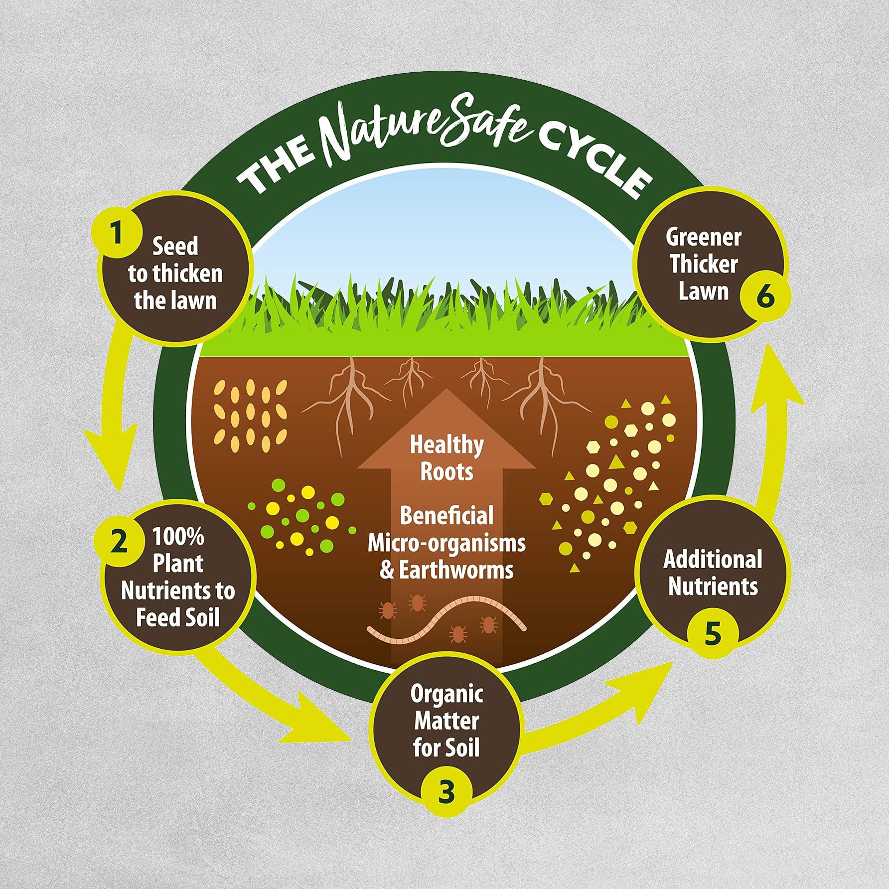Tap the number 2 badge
(119, 541)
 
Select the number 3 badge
(446, 791)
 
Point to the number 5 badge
(712, 633)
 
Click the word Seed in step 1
(175, 246)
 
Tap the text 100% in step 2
(178, 537)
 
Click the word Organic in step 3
(446, 694)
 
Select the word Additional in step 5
(713, 559)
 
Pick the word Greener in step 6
(703, 237)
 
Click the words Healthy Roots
(446, 458)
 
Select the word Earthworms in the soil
(456, 570)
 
